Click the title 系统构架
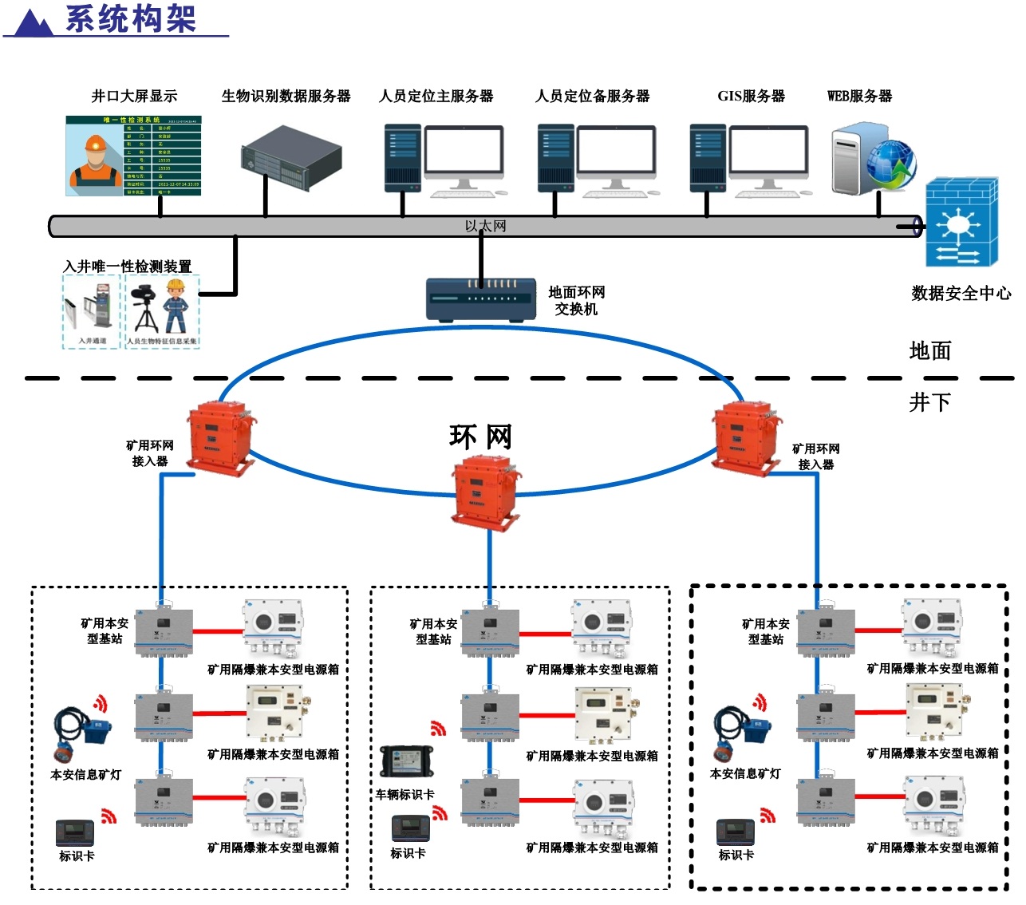(131, 18)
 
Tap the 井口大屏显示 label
(134, 97)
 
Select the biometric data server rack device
(291, 158)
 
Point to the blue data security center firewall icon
(961, 223)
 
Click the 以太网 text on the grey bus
(485, 227)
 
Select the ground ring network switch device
(480, 299)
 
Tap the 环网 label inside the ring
(480, 437)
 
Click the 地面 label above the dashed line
(929, 351)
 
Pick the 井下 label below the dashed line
(929, 402)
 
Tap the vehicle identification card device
(406, 761)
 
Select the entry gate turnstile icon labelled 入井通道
(90, 310)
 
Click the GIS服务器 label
(751, 97)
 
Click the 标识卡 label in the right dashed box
(736, 855)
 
